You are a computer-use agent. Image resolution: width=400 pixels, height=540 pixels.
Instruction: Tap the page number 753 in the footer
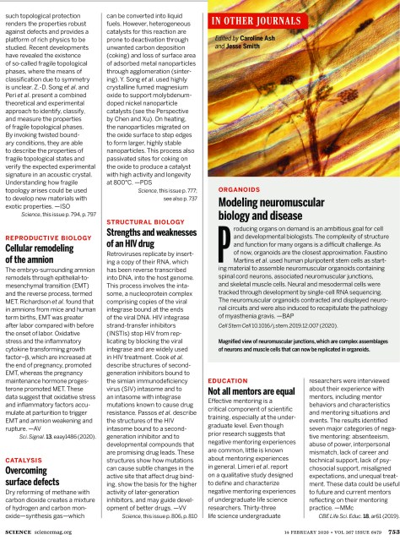387,532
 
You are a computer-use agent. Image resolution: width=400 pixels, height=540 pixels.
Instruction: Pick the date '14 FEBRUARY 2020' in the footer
281,532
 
